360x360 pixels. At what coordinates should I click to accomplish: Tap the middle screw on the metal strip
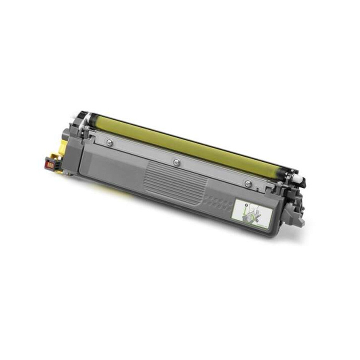(176, 161)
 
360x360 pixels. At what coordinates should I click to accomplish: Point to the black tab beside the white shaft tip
(303, 184)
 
